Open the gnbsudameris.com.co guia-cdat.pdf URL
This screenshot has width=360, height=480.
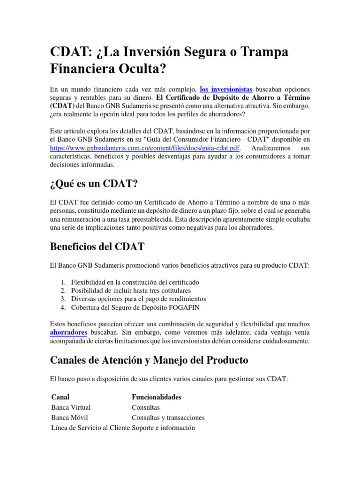(x=145, y=148)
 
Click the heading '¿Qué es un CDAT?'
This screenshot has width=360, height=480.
(x=94, y=184)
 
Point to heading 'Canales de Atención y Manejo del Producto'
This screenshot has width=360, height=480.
(x=149, y=360)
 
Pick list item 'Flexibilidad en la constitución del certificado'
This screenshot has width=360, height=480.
(x=135, y=282)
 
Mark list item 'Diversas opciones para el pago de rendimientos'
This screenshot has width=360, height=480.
(x=138, y=299)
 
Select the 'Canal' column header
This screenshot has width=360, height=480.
(x=60, y=397)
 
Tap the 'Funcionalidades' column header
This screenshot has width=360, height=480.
(x=157, y=397)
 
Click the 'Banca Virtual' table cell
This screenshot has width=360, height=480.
(x=71, y=407)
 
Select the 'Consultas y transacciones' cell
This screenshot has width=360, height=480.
(x=168, y=418)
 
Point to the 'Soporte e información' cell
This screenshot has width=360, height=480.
(x=163, y=428)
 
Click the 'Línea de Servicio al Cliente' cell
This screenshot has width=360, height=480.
(x=90, y=428)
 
